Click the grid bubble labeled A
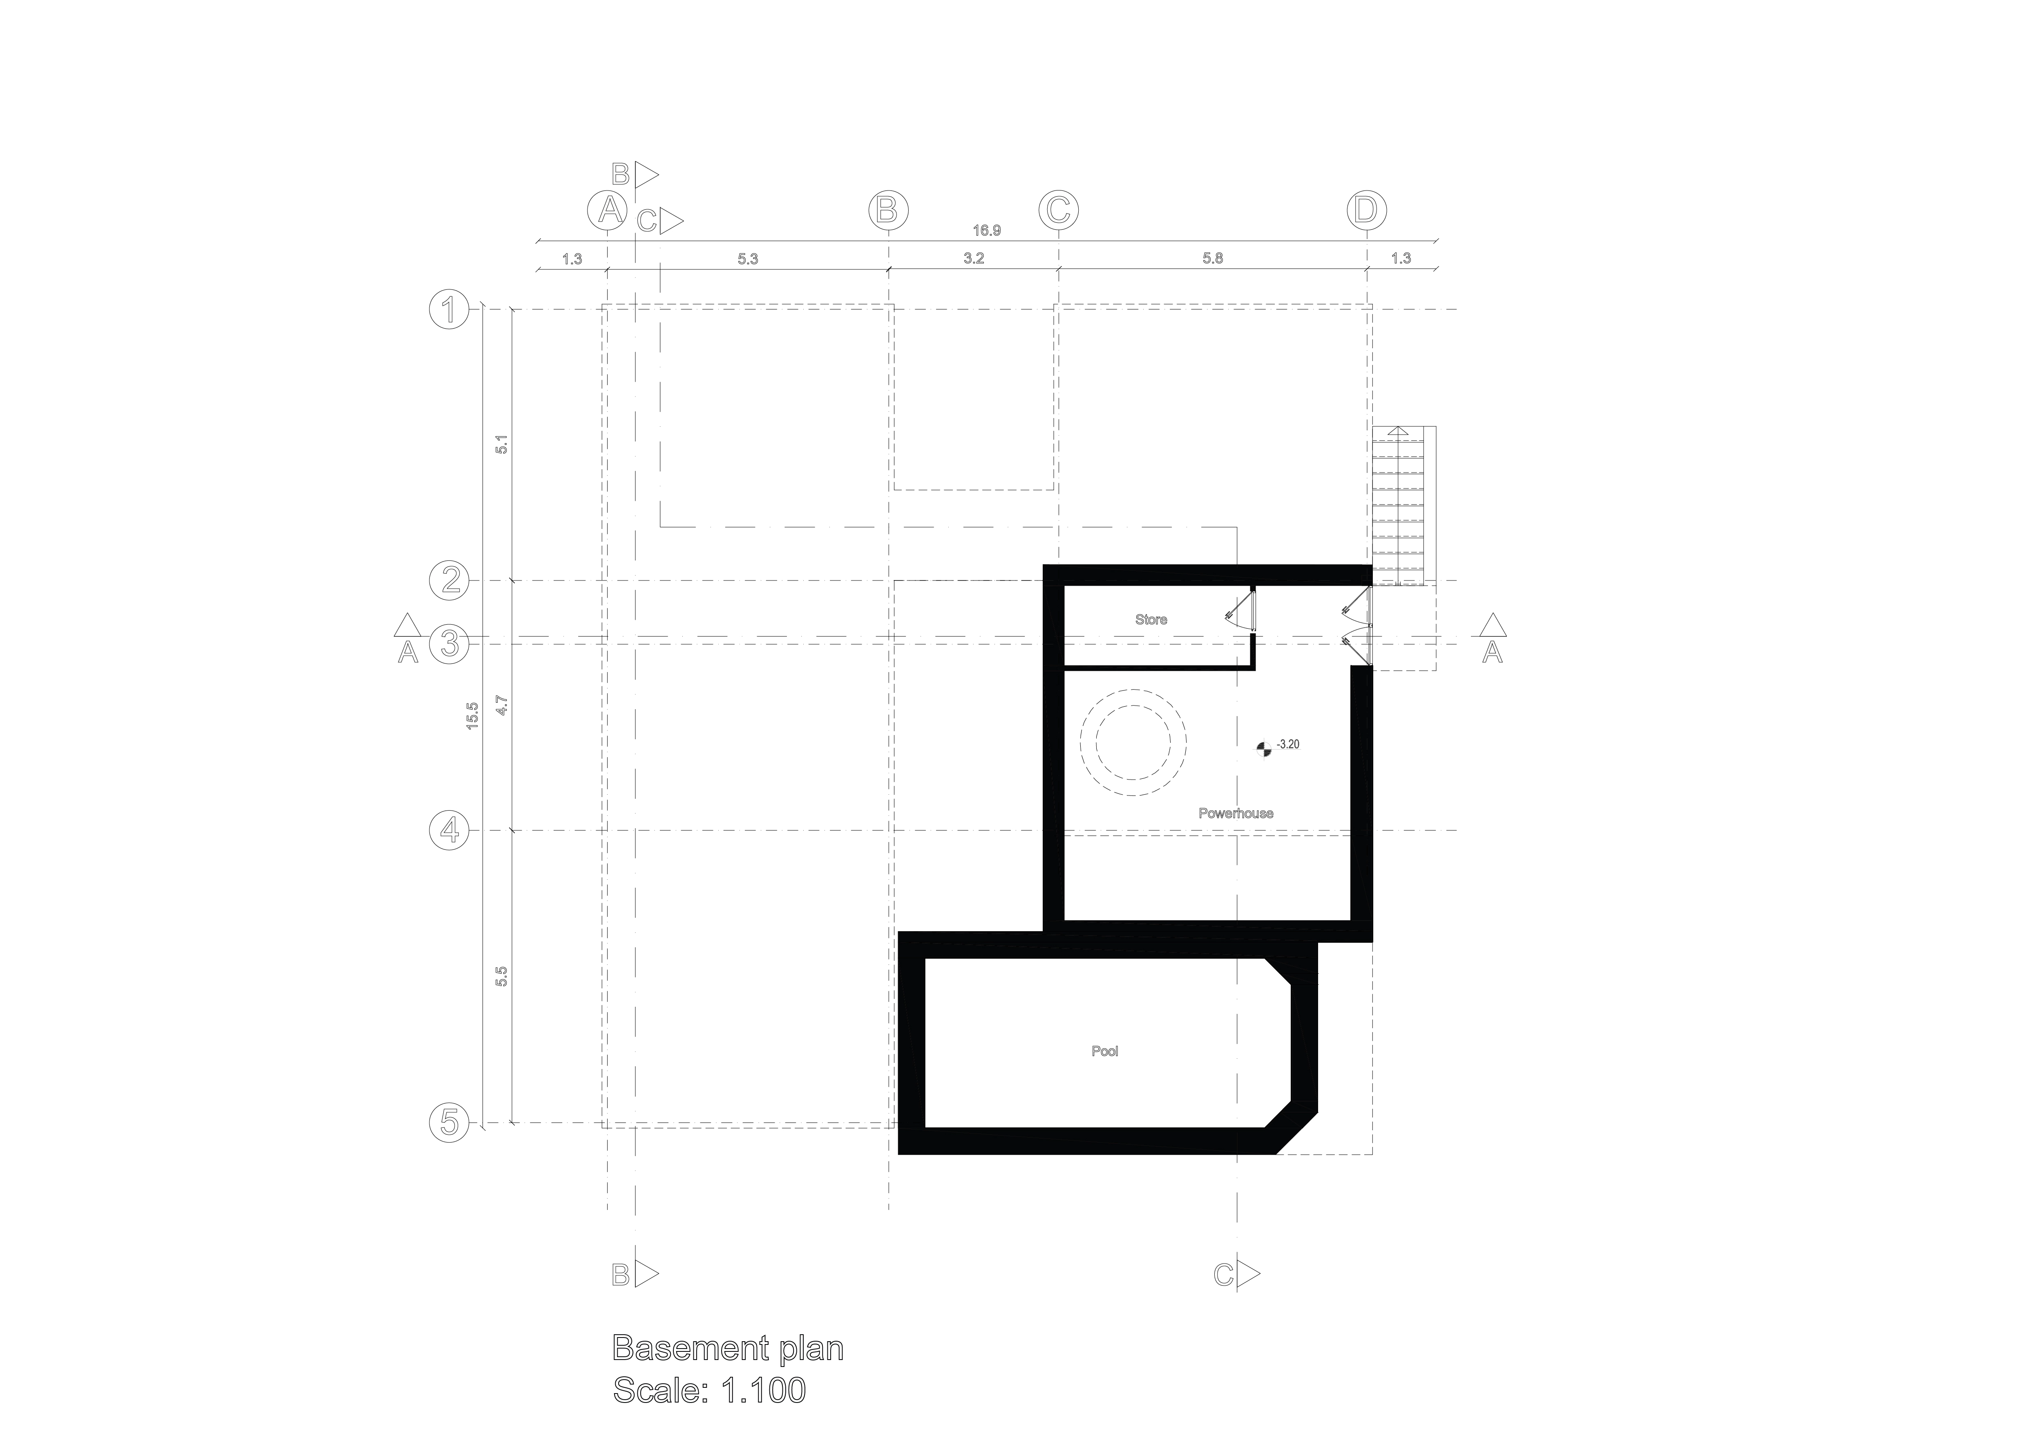coord(608,210)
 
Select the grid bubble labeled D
coord(1367,210)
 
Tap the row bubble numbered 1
coord(449,310)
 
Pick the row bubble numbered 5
coord(449,1123)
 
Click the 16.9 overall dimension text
coord(986,231)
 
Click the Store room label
coord(1150,620)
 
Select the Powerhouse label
coord(1235,813)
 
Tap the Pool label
coord(1104,1052)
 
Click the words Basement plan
coord(727,1348)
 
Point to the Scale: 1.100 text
coord(709,1391)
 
